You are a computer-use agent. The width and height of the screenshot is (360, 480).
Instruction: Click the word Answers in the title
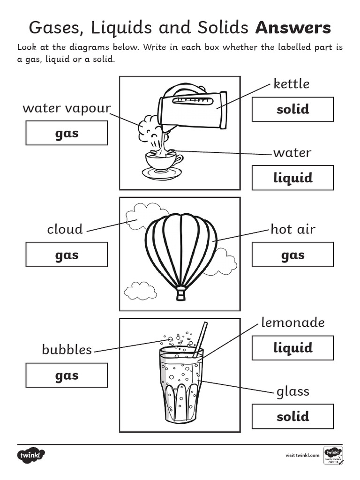pyautogui.click(x=293, y=28)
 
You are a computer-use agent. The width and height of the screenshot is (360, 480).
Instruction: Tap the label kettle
pyautogui.click(x=291, y=84)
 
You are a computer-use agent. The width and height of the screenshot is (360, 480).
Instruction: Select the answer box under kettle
pyautogui.click(x=292, y=109)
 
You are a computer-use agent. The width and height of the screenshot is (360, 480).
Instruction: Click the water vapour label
pyautogui.click(x=67, y=108)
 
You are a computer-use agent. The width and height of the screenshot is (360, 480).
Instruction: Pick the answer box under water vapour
pyautogui.click(x=67, y=133)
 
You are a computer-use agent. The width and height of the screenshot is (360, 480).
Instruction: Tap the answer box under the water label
pyautogui.click(x=292, y=178)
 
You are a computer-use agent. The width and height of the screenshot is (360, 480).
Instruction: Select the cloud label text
pyautogui.click(x=65, y=229)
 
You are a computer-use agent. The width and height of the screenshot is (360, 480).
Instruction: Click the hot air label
pyautogui.click(x=293, y=229)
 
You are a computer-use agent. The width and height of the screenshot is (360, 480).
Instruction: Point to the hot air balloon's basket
pyautogui.click(x=180, y=295)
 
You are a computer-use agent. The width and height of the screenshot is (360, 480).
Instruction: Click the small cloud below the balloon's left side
pyautogui.click(x=140, y=291)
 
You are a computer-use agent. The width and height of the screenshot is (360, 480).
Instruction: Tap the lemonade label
pyautogui.click(x=292, y=322)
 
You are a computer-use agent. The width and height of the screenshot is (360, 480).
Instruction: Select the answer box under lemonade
pyautogui.click(x=292, y=348)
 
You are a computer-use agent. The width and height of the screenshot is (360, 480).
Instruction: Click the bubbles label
pyautogui.click(x=67, y=350)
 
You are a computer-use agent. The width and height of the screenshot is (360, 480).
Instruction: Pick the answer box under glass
pyautogui.click(x=292, y=416)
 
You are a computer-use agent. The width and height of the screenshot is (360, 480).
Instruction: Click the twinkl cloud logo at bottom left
pyautogui.click(x=31, y=455)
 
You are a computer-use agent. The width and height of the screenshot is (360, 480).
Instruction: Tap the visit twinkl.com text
pyautogui.click(x=302, y=455)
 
